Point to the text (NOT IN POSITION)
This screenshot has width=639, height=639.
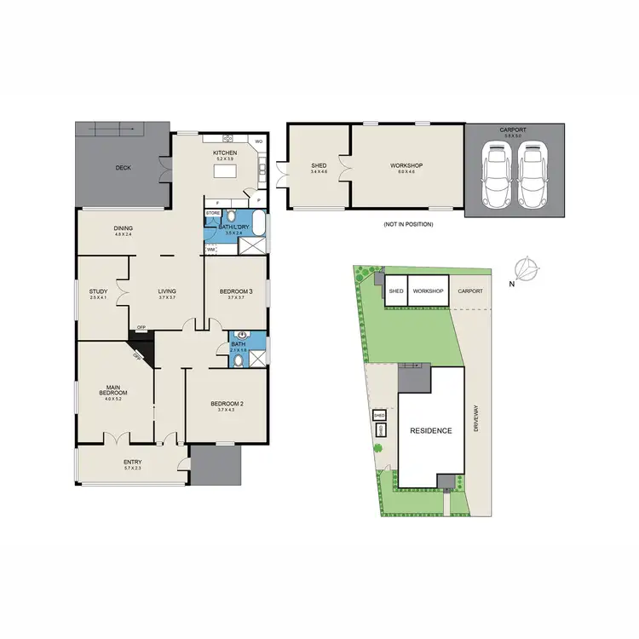tap(408, 224)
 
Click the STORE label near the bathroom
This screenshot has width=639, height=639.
tap(213, 212)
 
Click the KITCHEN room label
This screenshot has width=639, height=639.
tap(224, 153)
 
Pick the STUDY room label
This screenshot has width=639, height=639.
tap(98, 291)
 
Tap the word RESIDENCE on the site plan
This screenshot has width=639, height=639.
tap(430, 431)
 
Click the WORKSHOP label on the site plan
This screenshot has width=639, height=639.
tap(429, 291)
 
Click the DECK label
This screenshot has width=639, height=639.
tap(123, 168)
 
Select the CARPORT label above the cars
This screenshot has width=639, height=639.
tap(514, 130)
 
